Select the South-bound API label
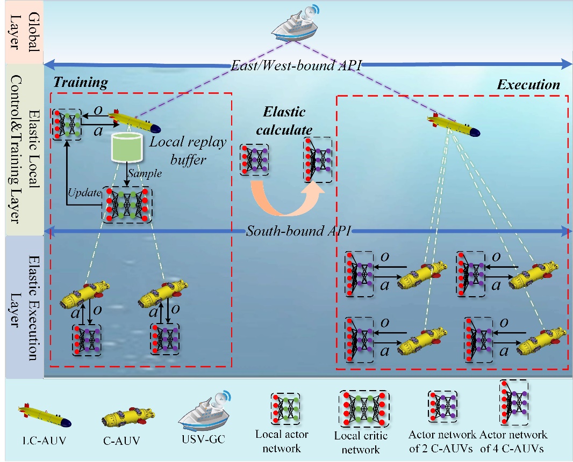tap(298, 232)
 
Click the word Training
tap(80, 82)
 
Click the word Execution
tap(528, 85)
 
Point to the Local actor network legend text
tap(282, 439)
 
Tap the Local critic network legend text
tap(361, 443)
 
